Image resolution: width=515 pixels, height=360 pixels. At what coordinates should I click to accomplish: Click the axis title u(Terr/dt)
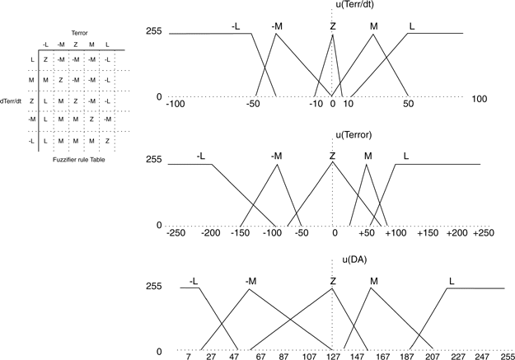pyautogui.click(x=356, y=6)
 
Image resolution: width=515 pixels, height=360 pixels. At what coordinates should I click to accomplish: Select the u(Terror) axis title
pyautogui.click(x=356, y=134)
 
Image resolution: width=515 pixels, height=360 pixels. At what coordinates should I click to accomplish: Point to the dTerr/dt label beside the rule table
pyautogui.click(x=12, y=101)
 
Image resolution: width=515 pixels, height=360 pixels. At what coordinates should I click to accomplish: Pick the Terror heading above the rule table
pyautogui.click(x=79, y=32)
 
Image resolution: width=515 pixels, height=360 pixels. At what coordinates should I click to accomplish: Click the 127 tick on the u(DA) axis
pyautogui.click(x=333, y=357)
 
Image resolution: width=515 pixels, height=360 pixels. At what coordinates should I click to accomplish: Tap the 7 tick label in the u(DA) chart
pyautogui.click(x=189, y=357)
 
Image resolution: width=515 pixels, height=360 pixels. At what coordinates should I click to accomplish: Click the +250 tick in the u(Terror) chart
pyautogui.click(x=483, y=233)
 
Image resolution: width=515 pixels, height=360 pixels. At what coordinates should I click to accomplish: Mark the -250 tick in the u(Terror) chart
pyautogui.click(x=176, y=233)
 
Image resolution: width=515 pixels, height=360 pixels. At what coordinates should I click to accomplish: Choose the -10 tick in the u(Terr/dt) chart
pyautogui.click(x=316, y=103)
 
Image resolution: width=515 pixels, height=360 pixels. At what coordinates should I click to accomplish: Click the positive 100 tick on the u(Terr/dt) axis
pyautogui.click(x=480, y=100)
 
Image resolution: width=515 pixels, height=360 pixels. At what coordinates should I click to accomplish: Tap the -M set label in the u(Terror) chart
pyautogui.click(x=276, y=156)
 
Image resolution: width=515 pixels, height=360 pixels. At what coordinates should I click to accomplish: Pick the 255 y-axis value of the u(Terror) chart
pyautogui.click(x=153, y=160)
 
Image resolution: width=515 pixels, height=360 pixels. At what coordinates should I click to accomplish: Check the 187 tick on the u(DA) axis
pyautogui.click(x=406, y=357)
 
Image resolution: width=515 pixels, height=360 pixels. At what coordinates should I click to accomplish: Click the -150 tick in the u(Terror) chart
pyautogui.click(x=239, y=233)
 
